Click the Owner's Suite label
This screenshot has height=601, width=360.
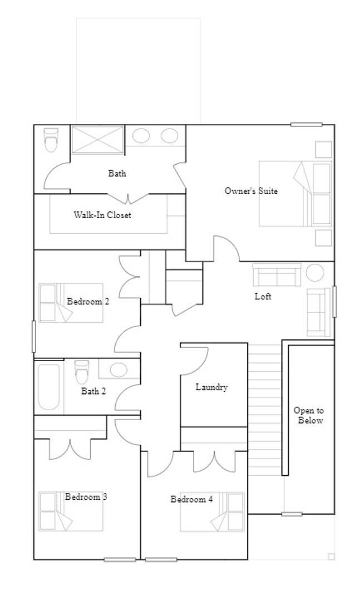click(251, 191)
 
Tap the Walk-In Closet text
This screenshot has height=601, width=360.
click(102, 215)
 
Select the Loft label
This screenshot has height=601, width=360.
click(263, 297)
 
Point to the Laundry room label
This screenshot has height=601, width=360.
click(211, 387)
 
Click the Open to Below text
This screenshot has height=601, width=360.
click(310, 415)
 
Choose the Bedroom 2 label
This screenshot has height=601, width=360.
click(87, 302)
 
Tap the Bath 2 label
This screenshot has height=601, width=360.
click(93, 391)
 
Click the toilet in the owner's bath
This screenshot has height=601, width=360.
click(51, 140)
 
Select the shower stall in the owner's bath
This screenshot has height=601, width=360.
click(97, 139)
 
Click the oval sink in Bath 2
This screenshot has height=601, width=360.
click(119, 370)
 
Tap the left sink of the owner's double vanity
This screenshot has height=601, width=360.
click(141, 136)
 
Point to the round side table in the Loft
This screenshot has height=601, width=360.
click(315, 274)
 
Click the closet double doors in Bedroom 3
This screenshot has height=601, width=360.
click(70, 449)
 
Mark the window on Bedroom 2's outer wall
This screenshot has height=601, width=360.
click(33, 336)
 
